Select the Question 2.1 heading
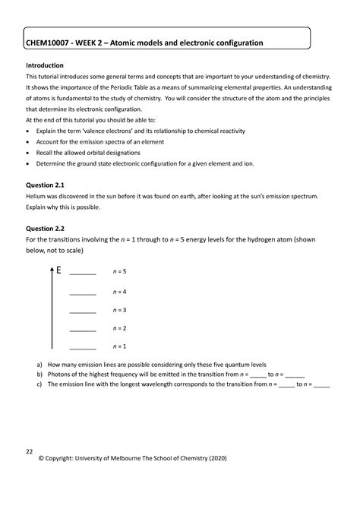46,185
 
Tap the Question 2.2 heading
46,228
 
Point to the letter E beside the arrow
57,270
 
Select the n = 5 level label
119,271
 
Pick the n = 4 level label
119,292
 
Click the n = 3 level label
119,310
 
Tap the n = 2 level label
119,328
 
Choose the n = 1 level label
119,347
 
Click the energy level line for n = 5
82,274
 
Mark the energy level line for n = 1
82,349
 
